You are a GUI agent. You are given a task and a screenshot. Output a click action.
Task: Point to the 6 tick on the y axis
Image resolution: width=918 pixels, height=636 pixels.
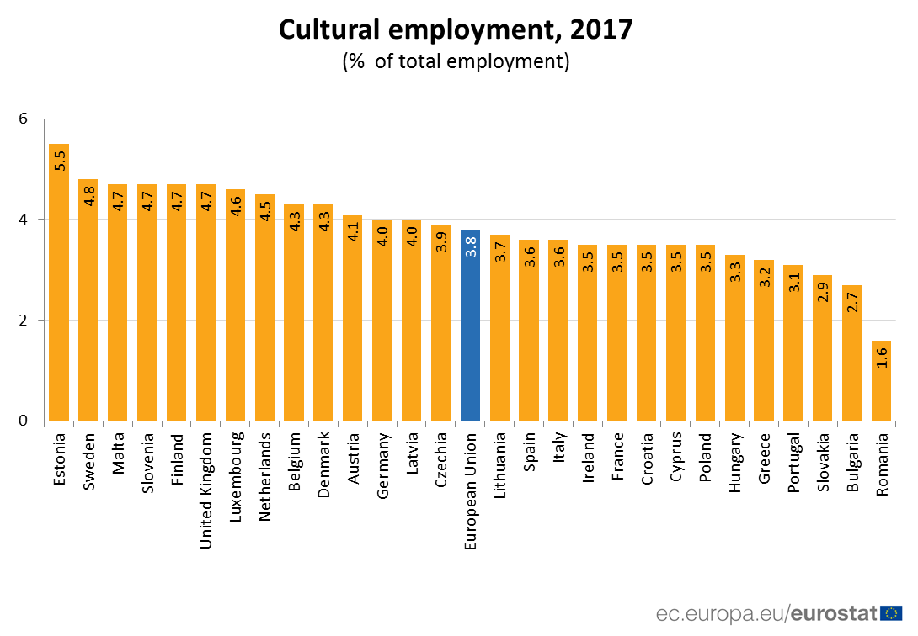pyautogui.click(x=24, y=119)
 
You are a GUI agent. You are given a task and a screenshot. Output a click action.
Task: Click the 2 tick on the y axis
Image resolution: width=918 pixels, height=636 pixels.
pyautogui.click(x=24, y=321)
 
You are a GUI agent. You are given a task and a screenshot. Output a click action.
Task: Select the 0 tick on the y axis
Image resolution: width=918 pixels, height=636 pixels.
pyautogui.click(x=24, y=421)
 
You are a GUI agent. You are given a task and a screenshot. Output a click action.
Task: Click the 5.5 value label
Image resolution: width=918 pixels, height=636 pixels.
pyautogui.click(x=60, y=160)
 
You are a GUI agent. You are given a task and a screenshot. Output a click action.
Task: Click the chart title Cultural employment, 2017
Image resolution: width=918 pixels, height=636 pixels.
pyautogui.click(x=455, y=29)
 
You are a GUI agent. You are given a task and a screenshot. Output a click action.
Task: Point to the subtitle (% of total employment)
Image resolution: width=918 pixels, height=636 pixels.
pyautogui.click(x=455, y=61)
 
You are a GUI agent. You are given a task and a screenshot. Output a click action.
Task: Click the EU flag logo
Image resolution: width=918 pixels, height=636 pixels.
pyautogui.click(x=891, y=612)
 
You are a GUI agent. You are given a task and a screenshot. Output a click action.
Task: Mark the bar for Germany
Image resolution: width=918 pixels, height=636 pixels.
pyautogui.click(x=382, y=320)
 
